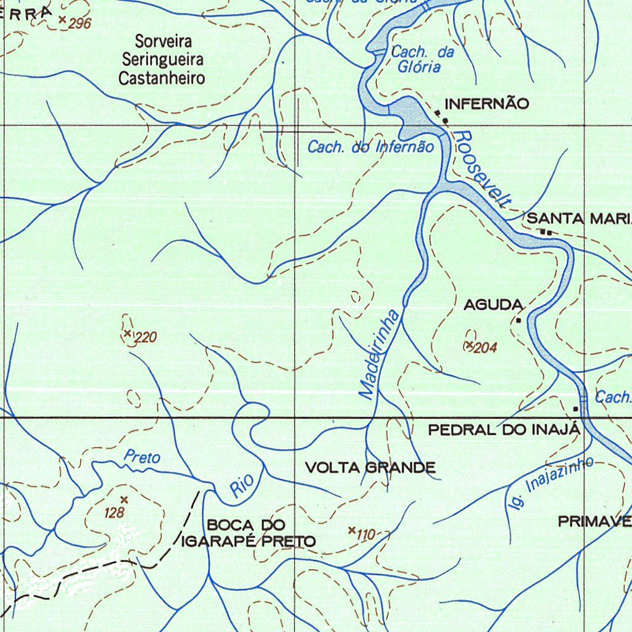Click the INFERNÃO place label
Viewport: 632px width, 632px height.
487,104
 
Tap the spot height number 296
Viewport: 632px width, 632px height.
80,24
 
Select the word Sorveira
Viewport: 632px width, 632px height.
164,42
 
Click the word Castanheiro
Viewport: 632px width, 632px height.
162,78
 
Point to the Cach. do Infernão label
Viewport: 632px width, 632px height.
371,147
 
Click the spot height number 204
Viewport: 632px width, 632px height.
486,348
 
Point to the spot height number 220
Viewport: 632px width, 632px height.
146,338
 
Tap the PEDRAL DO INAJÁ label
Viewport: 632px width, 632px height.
504,430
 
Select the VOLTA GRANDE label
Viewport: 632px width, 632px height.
370,468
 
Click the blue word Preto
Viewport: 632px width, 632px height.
142,457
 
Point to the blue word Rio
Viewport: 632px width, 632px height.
238,486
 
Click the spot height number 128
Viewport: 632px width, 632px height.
114,513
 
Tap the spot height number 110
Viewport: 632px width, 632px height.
366,535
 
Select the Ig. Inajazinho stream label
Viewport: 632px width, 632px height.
549,483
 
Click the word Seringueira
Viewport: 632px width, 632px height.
163,60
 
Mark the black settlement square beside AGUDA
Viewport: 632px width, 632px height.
519,320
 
